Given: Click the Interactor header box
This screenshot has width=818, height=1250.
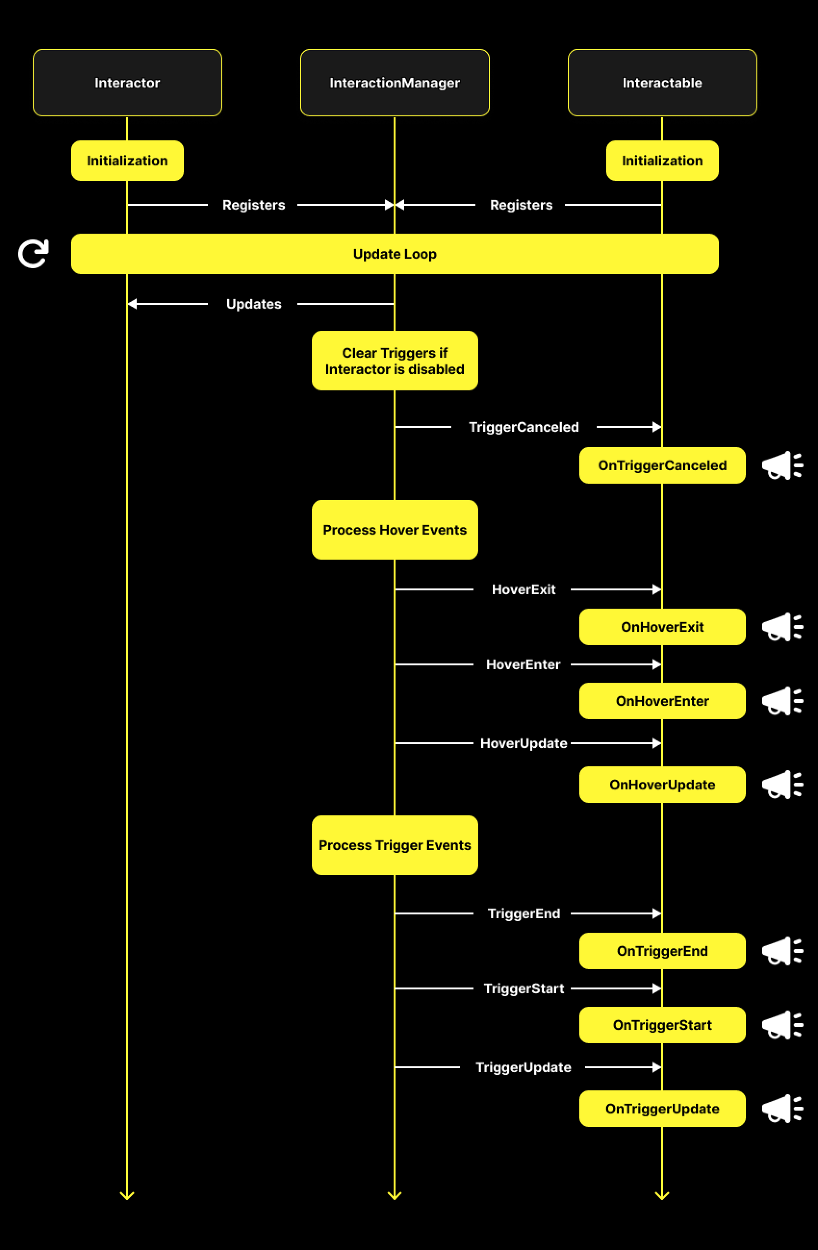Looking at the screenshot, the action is (x=127, y=83).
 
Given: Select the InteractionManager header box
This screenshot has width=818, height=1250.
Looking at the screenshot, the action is (x=395, y=83).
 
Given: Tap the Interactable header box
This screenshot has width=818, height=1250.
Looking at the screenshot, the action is (x=663, y=83).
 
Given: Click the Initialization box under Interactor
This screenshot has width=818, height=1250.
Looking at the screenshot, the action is (x=127, y=160).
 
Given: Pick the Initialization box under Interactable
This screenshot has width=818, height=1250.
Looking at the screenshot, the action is (x=663, y=160).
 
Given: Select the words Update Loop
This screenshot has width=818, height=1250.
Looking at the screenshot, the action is (x=395, y=254).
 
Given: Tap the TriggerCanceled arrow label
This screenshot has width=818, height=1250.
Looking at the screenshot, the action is (x=524, y=427).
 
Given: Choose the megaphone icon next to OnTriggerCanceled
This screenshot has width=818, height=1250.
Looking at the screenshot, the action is (x=782, y=465).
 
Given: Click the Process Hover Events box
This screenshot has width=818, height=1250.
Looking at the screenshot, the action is (x=395, y=529).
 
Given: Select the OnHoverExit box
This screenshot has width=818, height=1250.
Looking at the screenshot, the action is (x=663, y=626).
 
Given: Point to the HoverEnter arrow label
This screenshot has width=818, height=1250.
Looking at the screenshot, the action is (x=523, y=664).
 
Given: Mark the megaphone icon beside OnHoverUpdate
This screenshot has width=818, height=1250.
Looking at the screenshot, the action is (x=782, y=785).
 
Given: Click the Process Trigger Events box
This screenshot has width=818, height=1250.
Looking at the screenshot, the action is (x=395, y=845).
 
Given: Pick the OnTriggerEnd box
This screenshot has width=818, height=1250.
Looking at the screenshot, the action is (x=663, y=950).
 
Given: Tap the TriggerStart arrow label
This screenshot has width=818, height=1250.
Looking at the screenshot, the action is (x=524, y=988).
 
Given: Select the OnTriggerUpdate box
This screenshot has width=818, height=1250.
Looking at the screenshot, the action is (x=663, y=1108).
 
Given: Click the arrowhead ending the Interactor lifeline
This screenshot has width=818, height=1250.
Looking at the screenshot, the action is (x=127, y=1195).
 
